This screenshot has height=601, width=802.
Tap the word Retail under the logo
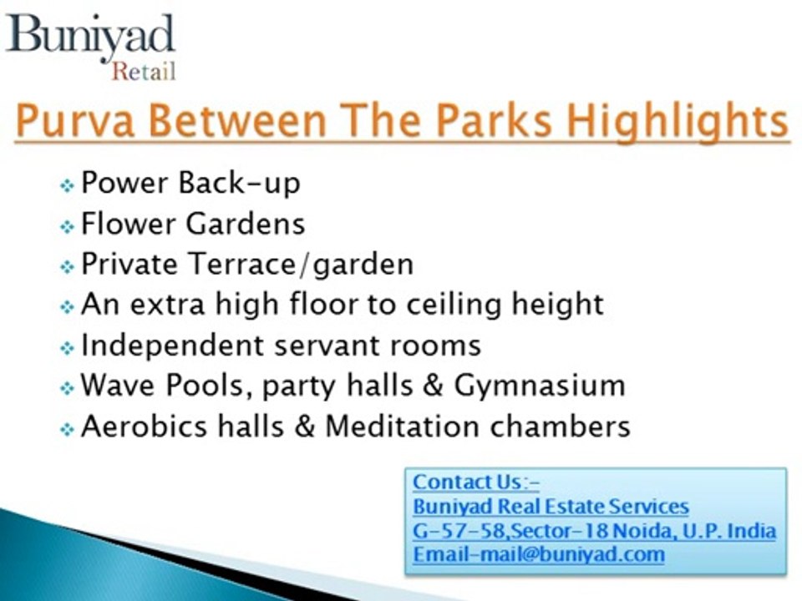point(144,72)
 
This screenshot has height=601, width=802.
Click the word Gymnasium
point(540,386)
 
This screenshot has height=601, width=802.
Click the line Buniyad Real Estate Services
point(551,506)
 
